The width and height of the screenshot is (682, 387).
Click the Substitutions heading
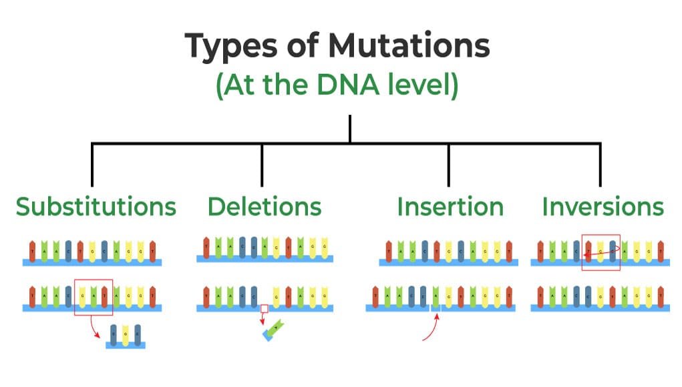pos(96,206)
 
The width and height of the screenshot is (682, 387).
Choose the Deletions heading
pos(265,206)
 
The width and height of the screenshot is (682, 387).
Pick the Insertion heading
pos(450,206)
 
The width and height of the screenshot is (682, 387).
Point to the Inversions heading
pos(603,206)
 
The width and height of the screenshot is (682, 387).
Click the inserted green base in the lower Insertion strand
pos(436,295)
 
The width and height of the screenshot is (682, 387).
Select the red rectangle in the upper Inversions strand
pos(601,252)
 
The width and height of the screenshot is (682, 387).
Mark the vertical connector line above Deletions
pos(262,164)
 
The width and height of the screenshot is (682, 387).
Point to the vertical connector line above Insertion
pos(448,164)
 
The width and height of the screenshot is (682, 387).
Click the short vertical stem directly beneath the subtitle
pos(349,128)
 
